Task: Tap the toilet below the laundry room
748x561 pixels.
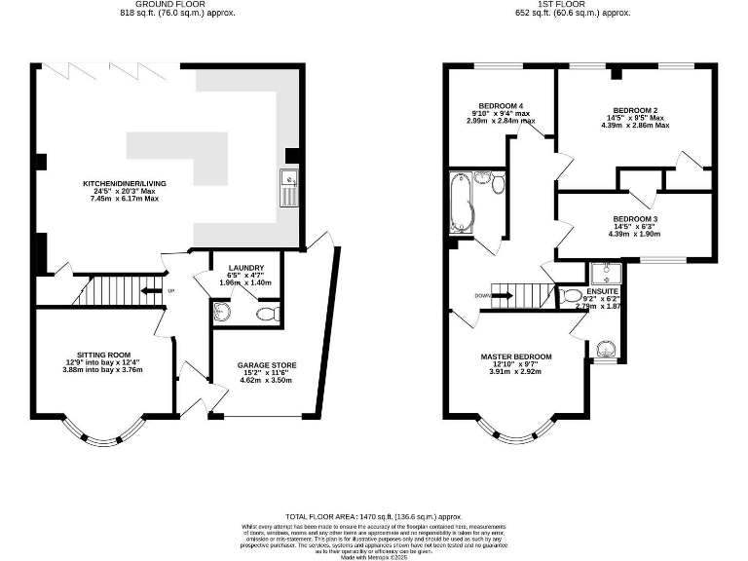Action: click(269, 314)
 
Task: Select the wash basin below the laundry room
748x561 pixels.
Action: click(222, 312)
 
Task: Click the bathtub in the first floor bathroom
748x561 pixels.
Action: click(460, 204)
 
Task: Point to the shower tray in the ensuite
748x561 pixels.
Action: click(603, 272)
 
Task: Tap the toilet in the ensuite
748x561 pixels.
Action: click(570, 296)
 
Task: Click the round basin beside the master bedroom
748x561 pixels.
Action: click(605, 349)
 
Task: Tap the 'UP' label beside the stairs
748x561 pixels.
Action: click(171, 290)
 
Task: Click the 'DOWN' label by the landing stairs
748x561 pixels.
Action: click(481, 296)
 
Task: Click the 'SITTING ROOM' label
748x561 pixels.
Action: click(103, 355)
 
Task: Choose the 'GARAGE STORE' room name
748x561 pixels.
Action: click(267, 365)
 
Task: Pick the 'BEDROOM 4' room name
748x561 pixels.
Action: click(501, 105)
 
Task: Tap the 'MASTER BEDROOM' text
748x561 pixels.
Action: click(516, 356)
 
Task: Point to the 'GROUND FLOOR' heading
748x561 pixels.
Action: click(177, 5)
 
